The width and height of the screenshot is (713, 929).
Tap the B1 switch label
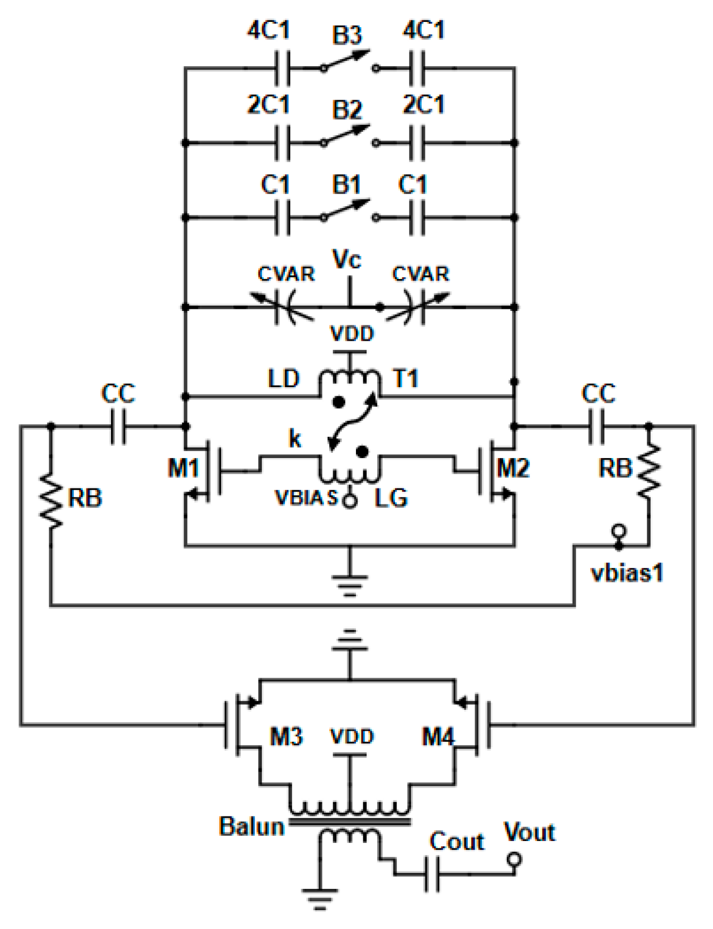tap(347, 185)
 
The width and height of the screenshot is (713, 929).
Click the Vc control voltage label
tap(347, 260)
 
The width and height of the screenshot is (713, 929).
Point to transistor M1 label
tap(183, 468)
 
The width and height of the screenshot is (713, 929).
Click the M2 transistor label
tap(513, 468)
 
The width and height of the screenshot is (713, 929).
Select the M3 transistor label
tap(286, 737)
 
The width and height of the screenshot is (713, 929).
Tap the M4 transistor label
tap(438, 737)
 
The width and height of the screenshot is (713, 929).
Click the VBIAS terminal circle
tap(350, 501)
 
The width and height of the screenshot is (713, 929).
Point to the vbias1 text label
tap(628, 573)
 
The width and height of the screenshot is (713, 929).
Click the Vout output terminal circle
tap(514, 859)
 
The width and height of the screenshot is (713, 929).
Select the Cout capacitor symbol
tap(432, 875)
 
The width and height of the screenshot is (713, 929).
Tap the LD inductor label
tap(283, 379)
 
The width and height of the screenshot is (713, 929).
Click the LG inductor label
tap(391, 498)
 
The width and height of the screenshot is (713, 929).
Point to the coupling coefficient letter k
tap(295, 439)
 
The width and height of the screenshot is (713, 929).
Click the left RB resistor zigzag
tap(51, 501)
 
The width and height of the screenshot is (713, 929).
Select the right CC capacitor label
tap(598, 394)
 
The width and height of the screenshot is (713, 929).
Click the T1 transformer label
tap(406, 379)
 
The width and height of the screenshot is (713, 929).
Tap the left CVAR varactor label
tap(286, 274)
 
